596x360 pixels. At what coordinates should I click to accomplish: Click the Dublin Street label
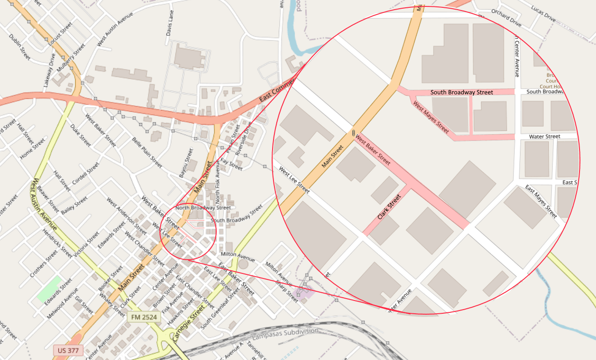pos(20,47)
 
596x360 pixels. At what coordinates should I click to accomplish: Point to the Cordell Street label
pos(86,174)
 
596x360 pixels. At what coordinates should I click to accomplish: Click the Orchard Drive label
pos(506,17)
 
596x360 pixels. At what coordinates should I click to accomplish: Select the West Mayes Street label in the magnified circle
pos(431,117)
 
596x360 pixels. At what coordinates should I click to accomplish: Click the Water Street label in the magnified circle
pos(544,136)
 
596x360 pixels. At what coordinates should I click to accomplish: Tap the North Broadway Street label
pos(203,207)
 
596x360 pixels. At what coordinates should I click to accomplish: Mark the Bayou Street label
pos(186,162)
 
